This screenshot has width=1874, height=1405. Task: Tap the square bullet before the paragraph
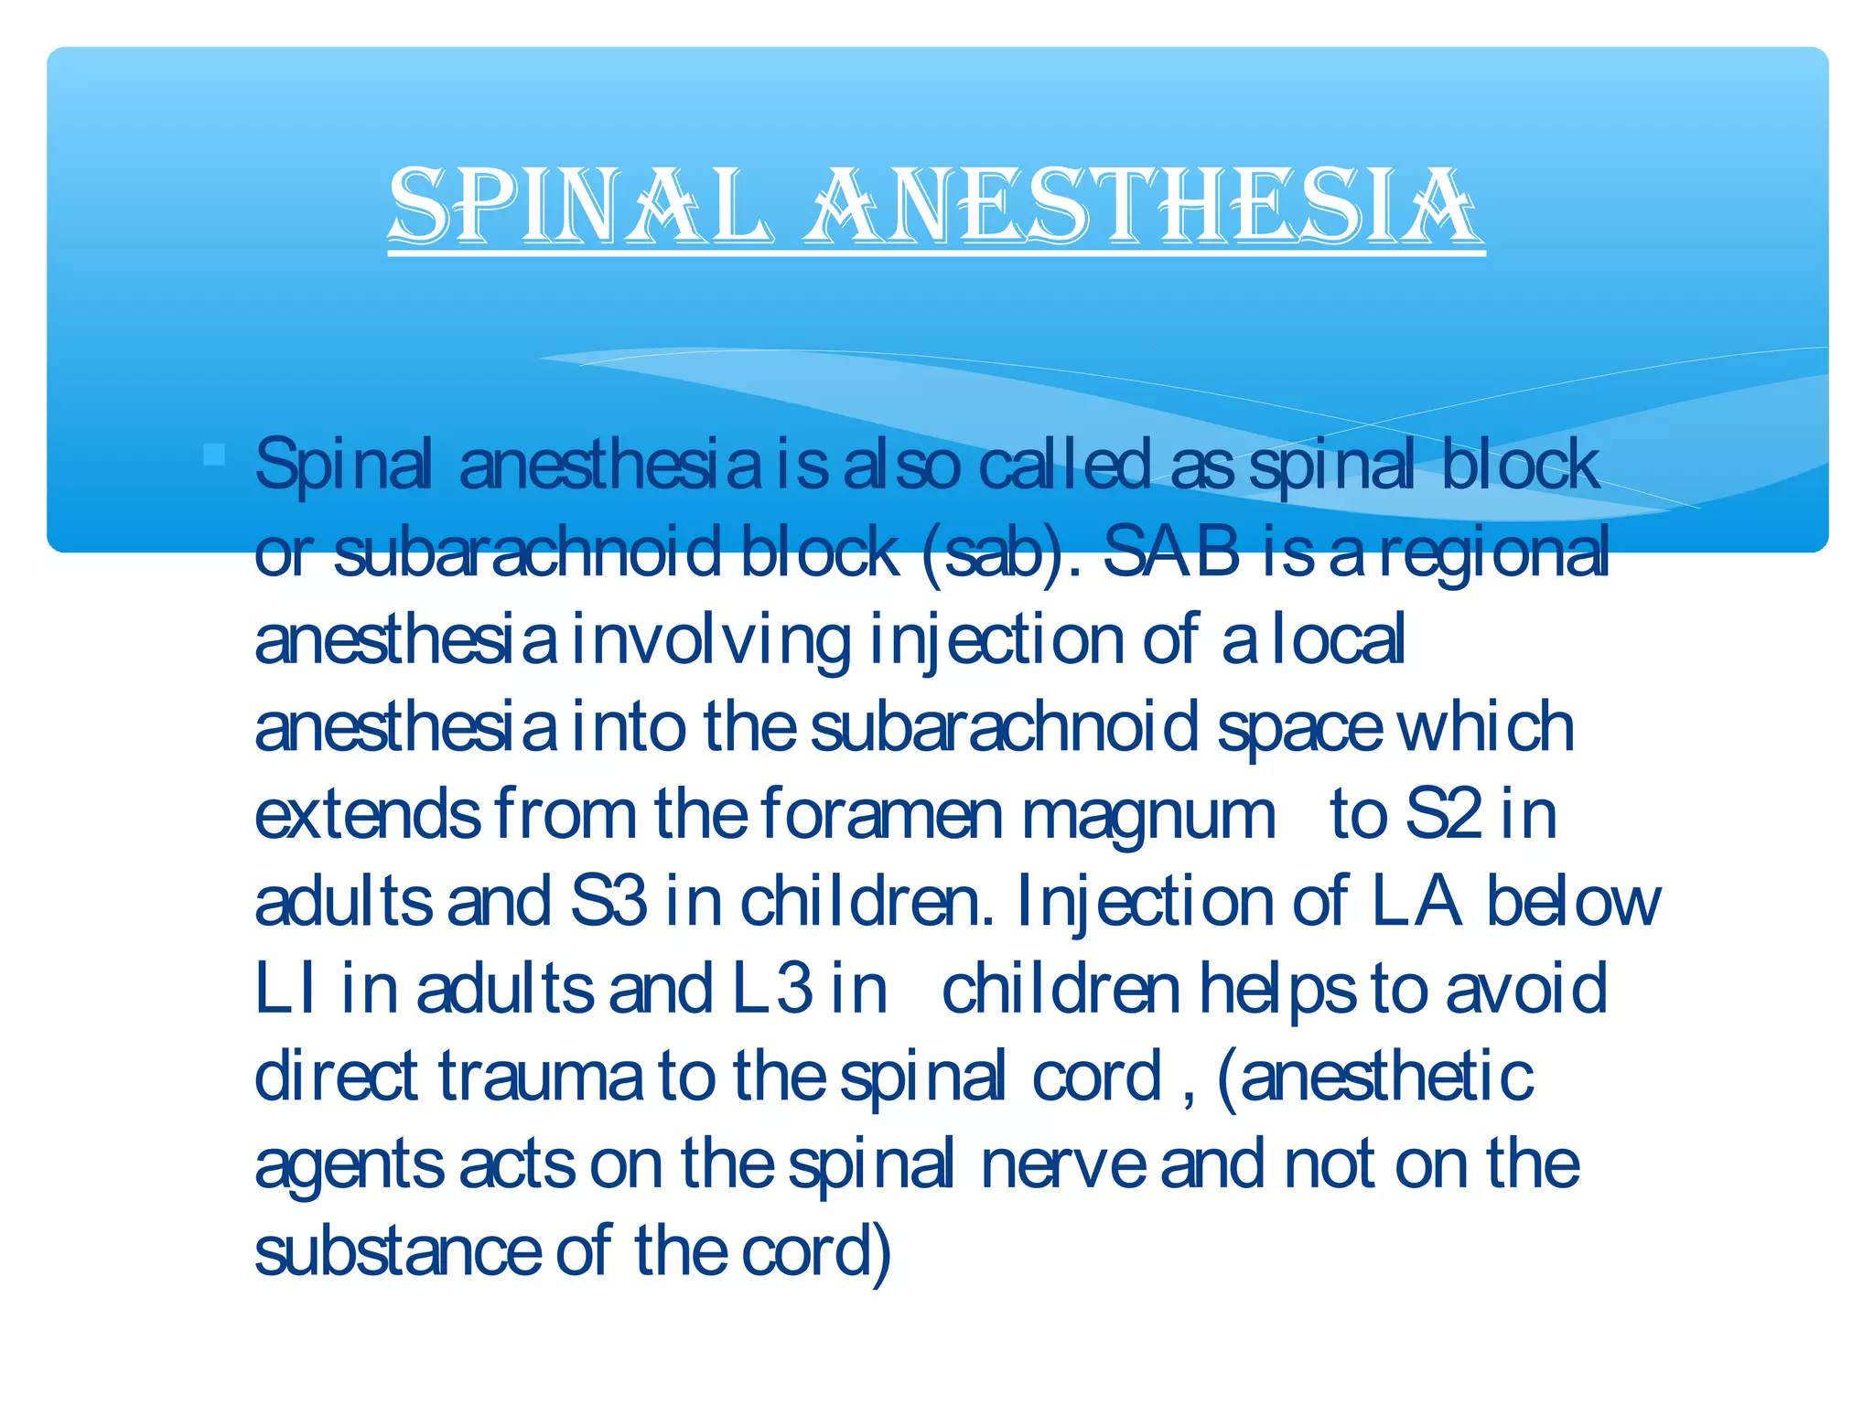click(215, 455)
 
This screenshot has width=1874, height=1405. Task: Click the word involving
click(710, 640)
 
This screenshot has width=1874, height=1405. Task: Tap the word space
click(1299, 729)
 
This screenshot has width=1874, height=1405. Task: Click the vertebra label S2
click(1443, 814)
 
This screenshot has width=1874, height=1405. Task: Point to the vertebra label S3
click(609, 902)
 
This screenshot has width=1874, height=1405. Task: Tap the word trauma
click(540, 1077)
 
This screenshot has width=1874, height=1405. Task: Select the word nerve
click(1061, 1164)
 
